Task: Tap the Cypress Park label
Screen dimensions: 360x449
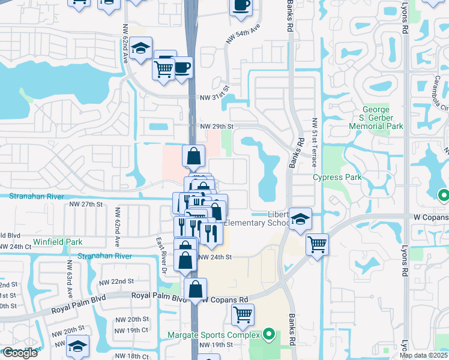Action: pyautogui.click(x=337, y=178)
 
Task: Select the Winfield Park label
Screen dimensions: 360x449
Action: pyautogui.click(x=58, y=242)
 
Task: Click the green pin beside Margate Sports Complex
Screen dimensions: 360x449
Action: pyautogui.click(x=269, y=334)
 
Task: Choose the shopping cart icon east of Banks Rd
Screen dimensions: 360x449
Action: pyautogui.click(x=317, y=244)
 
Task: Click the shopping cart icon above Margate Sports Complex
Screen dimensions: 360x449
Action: pyautogui.click(x=243, y=314)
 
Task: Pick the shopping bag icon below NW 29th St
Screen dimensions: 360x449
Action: pyautogui.click(x=193, y=157)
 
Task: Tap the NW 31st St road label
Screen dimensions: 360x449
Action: pyautogui.click(x=215, y=97)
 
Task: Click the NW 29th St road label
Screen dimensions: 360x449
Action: pyautogui.click(x=216, y=127)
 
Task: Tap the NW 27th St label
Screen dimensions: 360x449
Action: pyautogui.click(x=83, y=205)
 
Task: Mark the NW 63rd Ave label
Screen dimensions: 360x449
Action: pyautogui.click(x=70, y=279)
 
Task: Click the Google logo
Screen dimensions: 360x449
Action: pyautogui.click(x=20, y=353)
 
